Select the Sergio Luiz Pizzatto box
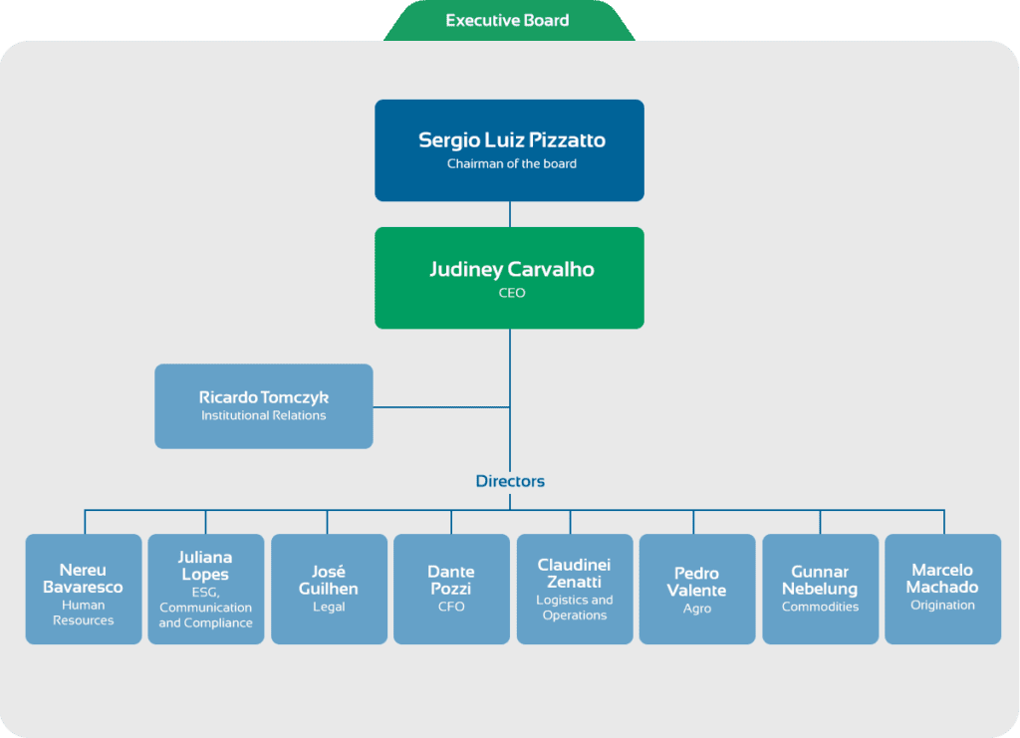click(x=509, y=150)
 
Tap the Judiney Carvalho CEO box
click(x=509, y=278)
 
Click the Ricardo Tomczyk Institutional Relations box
click(x=263, y=406)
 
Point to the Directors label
click(x=510, y=481)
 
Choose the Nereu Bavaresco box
click(x=84, y=589)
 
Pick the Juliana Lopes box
click(x=205, y=589)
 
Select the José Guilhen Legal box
click(x=329, y=589)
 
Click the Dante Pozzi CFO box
click(x=451, y=589)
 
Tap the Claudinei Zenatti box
click(x=575, y=589)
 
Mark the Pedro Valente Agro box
click(x=696, y=589)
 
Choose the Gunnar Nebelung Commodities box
click(x=820, y=589)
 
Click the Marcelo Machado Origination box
click(x=942, y=589)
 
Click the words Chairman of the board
click(x=511, y=164)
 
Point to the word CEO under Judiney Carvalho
click(x=511, y=293)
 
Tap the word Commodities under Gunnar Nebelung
click(x=820, y=607)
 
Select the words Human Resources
click(x=84, y=613)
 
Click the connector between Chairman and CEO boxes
click(x=510, y=214)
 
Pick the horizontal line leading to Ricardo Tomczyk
click(x=441, y=407)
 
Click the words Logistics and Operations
click(x=575, y=608)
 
